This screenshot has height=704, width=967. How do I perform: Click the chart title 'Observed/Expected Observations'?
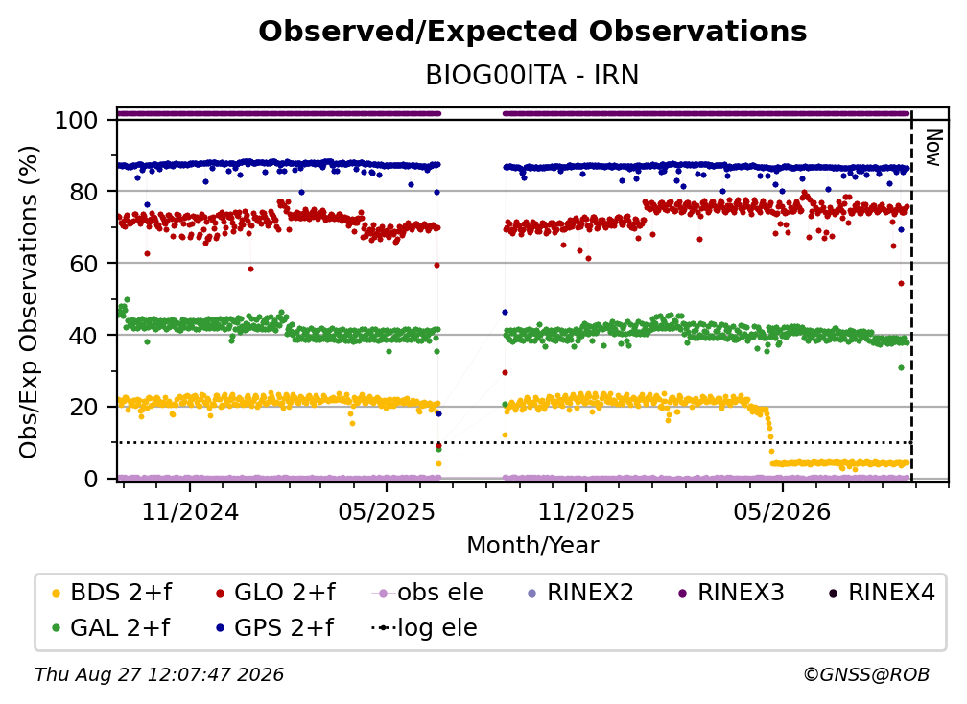[532, 32]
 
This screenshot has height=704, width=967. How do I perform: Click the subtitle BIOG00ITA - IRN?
[532, 75]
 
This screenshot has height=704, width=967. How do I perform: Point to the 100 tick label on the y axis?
[77, 120]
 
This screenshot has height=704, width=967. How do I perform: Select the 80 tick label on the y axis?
[83, 192]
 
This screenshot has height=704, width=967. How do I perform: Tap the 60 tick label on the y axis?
[83, 263]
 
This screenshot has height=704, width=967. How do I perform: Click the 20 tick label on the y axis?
[83, 407]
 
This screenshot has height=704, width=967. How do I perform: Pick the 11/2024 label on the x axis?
[190, 511]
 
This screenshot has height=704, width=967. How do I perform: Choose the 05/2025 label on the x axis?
[387, 511]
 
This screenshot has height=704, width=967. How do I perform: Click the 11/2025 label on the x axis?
[586, 511]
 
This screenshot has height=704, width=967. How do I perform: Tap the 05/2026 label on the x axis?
[782, 511]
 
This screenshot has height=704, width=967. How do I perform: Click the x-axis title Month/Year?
[532, 545]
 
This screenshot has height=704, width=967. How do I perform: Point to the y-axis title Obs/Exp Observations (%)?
[29, 302]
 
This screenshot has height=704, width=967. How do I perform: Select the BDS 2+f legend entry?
[111, 593]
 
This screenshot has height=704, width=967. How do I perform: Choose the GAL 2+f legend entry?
[110, 627]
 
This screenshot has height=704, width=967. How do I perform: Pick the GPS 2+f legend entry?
[275, 627]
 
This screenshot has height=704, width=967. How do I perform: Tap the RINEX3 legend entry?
[731, 593]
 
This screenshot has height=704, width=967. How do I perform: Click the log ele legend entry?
[424, 627]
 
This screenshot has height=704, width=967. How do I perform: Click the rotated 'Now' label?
[933, 148]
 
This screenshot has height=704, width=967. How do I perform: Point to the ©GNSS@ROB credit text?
[866, 674]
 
